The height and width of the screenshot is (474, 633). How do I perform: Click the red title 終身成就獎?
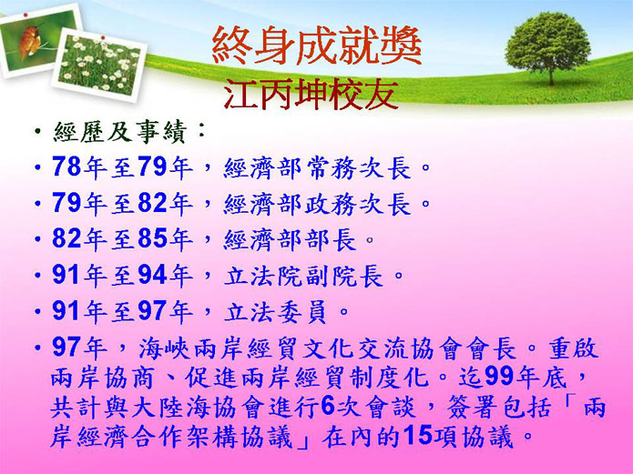[x=317, y=45]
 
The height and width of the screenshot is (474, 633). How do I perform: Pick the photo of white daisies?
[x=99, y=66]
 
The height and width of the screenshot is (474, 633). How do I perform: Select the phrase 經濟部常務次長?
[x=317, y=168]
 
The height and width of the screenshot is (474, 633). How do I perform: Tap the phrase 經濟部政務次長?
[x=317, y=204]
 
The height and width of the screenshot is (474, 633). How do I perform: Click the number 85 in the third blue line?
[x=153, y=238]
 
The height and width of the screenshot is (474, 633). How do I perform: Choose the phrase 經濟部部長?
[x=290, y=240]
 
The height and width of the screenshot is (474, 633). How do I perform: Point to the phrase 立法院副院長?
[x=303, y=277]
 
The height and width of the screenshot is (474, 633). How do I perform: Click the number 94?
[x=153, y=275]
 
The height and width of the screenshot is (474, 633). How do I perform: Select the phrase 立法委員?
[x=275, y=312]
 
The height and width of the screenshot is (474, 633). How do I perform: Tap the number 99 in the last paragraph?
[x=499, y=376]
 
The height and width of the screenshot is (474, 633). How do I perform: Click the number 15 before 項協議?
[x=418, y=435]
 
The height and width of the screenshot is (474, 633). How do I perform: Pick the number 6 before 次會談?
[x=328, y=406]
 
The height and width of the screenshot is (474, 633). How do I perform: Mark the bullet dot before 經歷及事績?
[x=37, y=132]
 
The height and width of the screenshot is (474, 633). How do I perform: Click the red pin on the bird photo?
[x=26, y=15]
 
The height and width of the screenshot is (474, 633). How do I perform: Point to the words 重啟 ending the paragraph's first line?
[x=573, y=348]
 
